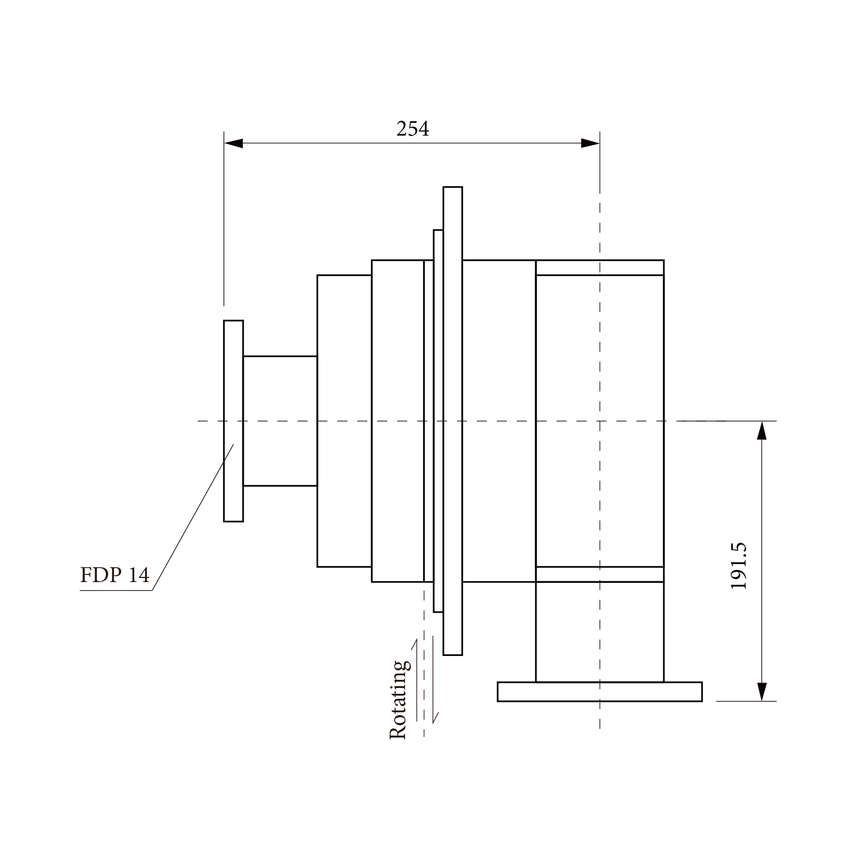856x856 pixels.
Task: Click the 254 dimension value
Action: (x=413, y=129)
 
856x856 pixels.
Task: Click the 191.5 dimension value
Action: (x=738, y=566)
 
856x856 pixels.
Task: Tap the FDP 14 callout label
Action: (x=114, y=575)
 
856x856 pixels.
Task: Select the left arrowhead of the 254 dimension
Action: (x=233, y=143)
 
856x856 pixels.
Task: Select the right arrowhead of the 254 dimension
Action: (x=590, y=143)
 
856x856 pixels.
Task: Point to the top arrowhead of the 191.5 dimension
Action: (x=761, y=431)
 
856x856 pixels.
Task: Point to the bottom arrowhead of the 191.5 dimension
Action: (x=761, y=691)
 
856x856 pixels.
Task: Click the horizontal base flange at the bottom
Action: (x=599, y=692)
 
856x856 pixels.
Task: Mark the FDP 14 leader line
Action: (x=194, y=516)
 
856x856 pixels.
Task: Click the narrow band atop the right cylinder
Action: (x=599, y=268)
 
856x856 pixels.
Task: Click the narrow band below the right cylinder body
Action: (x=599, y=574)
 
